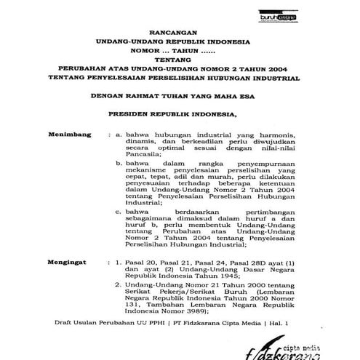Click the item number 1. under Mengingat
(x=120, y=259)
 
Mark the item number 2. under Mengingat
(x=120, y=287)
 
